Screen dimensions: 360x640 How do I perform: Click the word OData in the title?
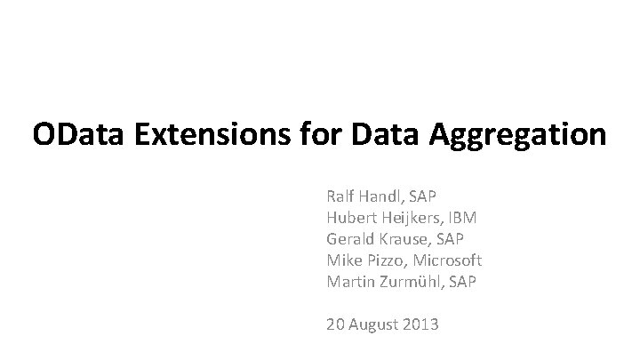coord(80,135)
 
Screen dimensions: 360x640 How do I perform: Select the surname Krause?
coord(408,238)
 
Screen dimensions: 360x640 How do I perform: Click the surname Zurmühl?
coord(417,282)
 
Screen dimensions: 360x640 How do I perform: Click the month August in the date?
coord(374,325)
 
